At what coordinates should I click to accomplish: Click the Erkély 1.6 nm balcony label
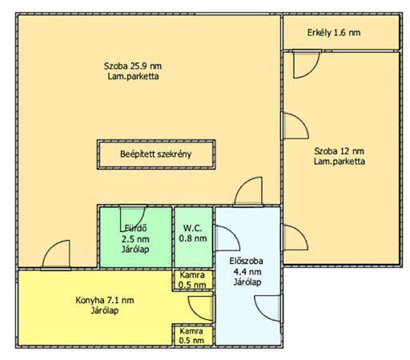pos(334,33)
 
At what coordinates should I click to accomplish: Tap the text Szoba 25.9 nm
pos(133,66)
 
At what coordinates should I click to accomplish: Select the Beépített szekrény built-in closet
pos(156,154)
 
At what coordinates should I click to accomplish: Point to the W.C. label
pos(192,228)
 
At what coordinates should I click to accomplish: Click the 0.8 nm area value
pos(193,238)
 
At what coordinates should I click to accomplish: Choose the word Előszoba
pos(246,261)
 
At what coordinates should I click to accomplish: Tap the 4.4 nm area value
pos(247,272)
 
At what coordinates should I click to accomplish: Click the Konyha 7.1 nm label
pos(105,300)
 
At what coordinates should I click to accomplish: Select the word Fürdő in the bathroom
pos(136,228)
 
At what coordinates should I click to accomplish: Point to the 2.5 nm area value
pos(135,239)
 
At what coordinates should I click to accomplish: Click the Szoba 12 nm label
pos(339,151)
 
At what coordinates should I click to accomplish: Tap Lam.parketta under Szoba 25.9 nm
pos(133,77)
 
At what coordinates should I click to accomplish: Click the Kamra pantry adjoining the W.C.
pos(192,280)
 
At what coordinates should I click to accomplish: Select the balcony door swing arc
pos(313,70)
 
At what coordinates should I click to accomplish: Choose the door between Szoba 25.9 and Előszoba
pos(242,185)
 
